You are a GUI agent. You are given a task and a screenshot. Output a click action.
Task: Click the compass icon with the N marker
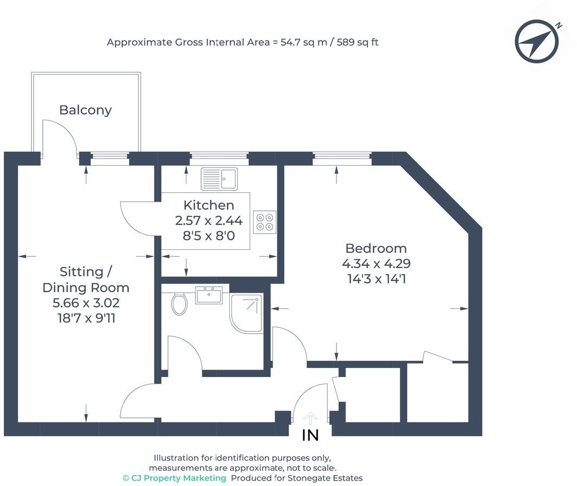coord(537,41)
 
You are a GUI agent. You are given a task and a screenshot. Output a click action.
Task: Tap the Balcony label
coord(86,110)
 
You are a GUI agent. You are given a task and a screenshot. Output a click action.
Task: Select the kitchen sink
coord(219,179)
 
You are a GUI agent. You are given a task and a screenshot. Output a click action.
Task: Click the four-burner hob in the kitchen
coord(264,222)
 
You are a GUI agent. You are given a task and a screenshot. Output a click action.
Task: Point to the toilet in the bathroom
coord(179,303)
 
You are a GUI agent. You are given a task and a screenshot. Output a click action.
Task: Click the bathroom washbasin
coord(209,296)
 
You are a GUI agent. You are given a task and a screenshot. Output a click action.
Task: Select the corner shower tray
coord(247,313)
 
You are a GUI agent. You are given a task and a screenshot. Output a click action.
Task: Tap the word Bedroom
coord(376,248)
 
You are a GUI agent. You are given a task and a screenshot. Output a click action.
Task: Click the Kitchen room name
coord(209,205)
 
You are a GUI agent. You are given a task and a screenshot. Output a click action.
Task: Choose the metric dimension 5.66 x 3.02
coord(86,303)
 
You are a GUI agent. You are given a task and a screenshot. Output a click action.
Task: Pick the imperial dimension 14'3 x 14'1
coord(376,279)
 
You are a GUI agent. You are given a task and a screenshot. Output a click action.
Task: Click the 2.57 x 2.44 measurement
coord(209,221)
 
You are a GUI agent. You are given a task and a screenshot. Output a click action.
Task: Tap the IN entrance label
coord(310,435)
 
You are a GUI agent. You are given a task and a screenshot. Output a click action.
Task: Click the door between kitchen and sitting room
coord(137,218)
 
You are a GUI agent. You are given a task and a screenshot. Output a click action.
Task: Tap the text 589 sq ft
coord(358,42)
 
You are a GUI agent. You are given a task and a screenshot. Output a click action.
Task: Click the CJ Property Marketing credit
coord(174,478)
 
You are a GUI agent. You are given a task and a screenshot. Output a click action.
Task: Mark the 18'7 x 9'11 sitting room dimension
coord(86,318)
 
